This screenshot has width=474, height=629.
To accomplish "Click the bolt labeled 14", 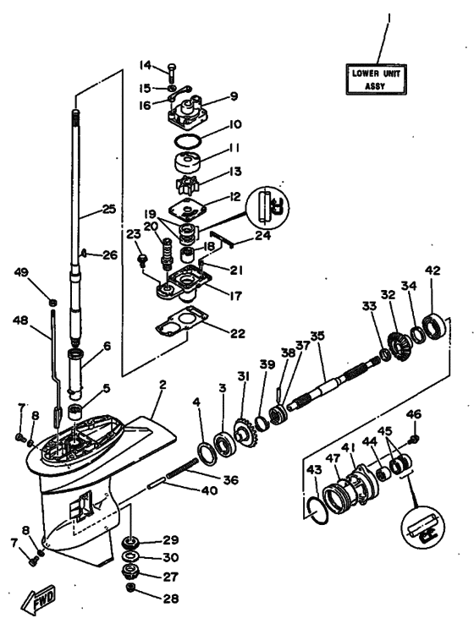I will (173, 68).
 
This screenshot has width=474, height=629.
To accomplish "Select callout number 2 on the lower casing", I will (162, 385).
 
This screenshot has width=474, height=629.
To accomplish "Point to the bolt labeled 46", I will (412, 440).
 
